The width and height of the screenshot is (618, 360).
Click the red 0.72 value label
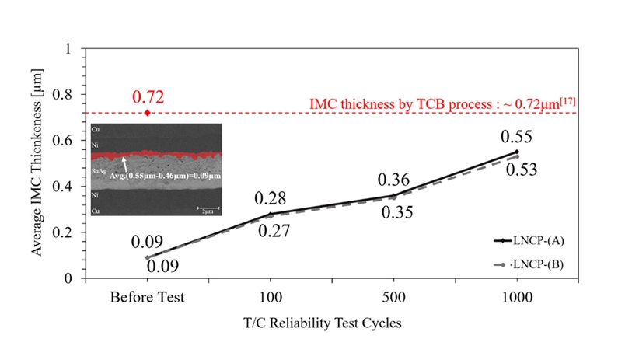[148, 97]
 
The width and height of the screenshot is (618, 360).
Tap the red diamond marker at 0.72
[148, 113]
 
